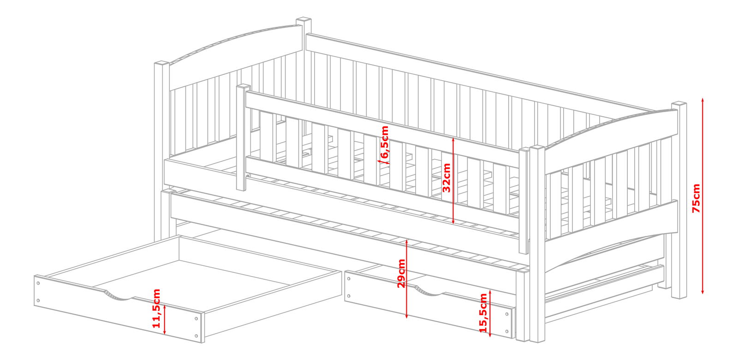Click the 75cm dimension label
click(x=696, y=198)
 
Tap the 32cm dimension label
click(x=446, y=178)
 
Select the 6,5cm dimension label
click(x=385, y=142)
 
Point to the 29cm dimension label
click(x=401, y=274)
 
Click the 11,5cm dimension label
click(x=156, y=308)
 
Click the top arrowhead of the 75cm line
click(x=702, y=100)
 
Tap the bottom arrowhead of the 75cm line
click(x=702, y=291)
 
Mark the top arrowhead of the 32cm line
click(x=453, y=140)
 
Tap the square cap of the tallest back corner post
click(x=304, y=20)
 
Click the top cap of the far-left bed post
click(x=161, y=63)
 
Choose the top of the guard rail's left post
click(x=243, y=87)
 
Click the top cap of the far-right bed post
click(x=679, y=104)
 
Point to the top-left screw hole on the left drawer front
click(x=39, y=283)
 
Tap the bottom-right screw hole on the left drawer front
click(x=196, y=336)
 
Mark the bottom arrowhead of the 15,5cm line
click(x=490, y=335)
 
